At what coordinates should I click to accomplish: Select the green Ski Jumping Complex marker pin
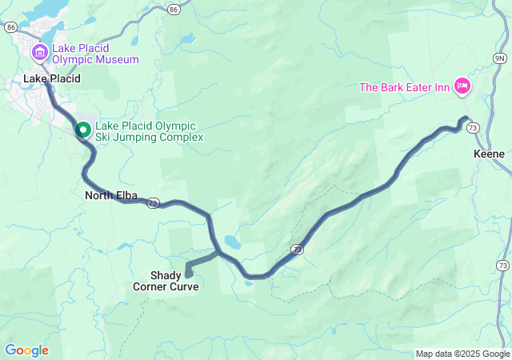pos(82,130)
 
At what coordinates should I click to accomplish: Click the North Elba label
pos(108,194)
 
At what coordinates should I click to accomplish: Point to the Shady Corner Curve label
pos(166,281)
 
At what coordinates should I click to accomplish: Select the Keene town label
pos(489,152)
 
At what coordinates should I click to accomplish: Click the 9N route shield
pos(500,58)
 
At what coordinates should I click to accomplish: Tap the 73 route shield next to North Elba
pos(152,205)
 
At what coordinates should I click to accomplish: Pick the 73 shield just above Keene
pos(474,128)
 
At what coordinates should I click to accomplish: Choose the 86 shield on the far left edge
pos(10,26)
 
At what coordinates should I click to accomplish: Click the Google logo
pos(26,350)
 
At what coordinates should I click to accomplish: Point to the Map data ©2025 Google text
pos(462,354)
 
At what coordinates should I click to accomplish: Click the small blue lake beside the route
pos(231,241)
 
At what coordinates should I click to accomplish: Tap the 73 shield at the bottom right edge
pos(502,265)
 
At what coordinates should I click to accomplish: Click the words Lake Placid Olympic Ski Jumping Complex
pos(149,131)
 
